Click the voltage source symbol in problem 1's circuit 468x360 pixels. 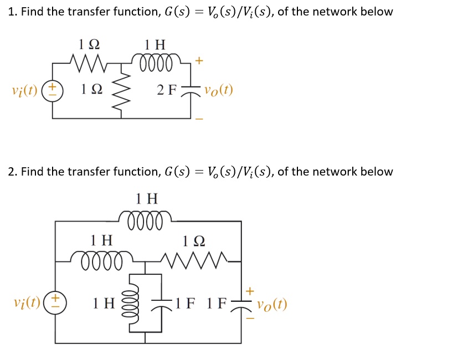pyautogui.click(x=53, y=90)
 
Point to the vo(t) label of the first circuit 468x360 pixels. pyautogui.click(x=219, y=90)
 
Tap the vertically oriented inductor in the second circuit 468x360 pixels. pyautogui.click(x=131, y=303)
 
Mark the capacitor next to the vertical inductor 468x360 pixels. pyautogui.click(x=161, y=304)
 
